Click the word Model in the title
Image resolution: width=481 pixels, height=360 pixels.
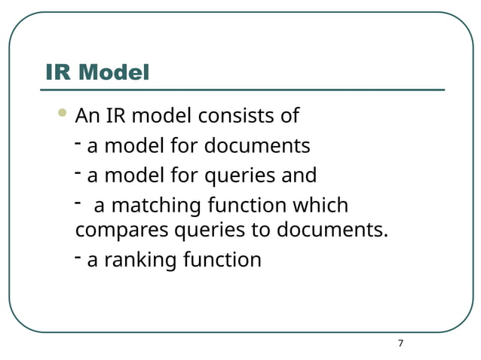point(114,72)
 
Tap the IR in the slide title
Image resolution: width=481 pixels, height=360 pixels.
point(60,72)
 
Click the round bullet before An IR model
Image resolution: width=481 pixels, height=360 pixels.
point(62,114)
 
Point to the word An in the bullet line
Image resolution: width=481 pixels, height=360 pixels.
point(87,117)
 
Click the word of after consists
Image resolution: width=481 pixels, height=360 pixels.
point(290,117)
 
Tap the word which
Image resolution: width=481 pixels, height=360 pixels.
point(320,206)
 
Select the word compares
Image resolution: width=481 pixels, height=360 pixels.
point(122,229)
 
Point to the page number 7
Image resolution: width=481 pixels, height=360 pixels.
point(400,343)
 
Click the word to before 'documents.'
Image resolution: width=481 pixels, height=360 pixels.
point(261,229)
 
